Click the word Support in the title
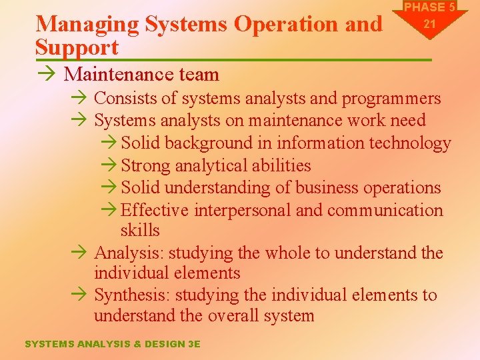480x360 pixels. [77, 47]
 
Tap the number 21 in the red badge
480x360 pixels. [429, 24]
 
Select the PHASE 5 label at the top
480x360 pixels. [429, 7]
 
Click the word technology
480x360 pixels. [409, 143]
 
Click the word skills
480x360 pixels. [140, 230]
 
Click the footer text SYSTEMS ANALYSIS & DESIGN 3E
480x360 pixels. [112, 344]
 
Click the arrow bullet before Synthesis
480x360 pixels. [79, 295]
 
